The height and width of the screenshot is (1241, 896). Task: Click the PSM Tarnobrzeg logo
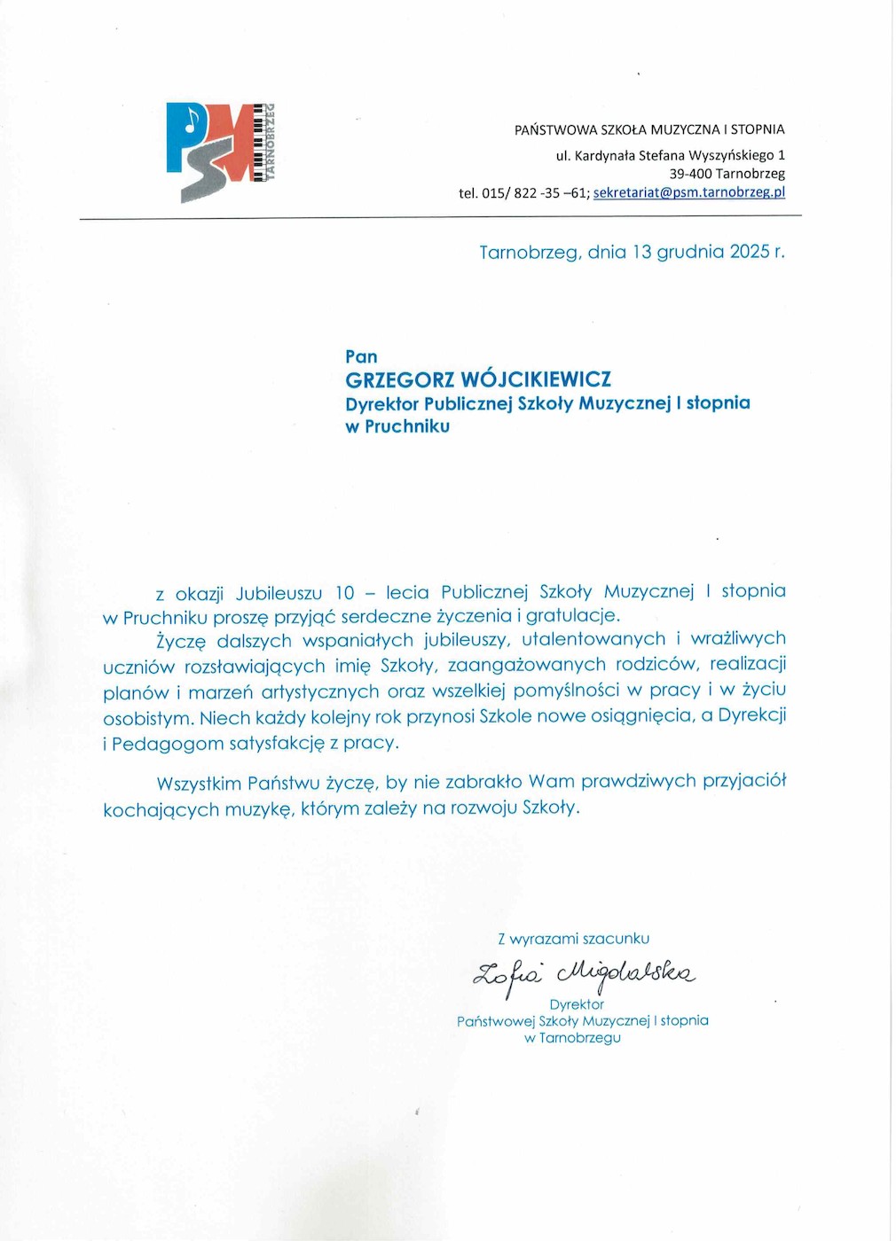coord(221,152)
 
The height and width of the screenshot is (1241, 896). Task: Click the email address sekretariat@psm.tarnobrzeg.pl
coord(689,192)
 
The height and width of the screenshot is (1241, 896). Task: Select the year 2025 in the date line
coord(750,252)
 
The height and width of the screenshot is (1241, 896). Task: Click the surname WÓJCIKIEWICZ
coord(536,379)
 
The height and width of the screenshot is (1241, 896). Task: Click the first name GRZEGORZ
coord(400,379)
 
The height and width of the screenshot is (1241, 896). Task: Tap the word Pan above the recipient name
coord(361,356)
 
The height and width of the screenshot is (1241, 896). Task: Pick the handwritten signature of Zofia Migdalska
coord(585,973)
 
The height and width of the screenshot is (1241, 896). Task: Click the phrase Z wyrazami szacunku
coord(573,939)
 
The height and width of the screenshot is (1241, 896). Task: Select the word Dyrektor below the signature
coord(577,1004)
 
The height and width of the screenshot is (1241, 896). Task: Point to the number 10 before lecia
coord(344,592)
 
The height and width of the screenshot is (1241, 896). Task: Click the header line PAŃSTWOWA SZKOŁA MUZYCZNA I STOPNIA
coord(649,129)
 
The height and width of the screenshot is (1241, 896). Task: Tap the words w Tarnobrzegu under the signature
coord(572,1038)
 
